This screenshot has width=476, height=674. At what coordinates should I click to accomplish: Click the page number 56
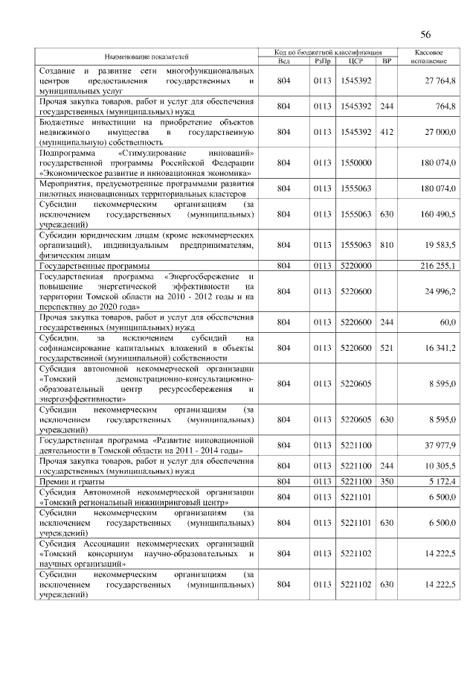pyautogui.click(x=425, y=34)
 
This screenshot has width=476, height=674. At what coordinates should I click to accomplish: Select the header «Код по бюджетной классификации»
pyautogui.click(x=327, y=53)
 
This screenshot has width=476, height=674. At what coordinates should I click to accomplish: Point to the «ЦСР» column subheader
pyautogui.click(x=356, y=61)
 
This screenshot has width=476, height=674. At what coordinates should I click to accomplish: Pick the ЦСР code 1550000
pyautogui.click(x=356, y=162)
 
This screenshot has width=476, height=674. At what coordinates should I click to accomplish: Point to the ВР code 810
pyautogui.click(x=386, y=244)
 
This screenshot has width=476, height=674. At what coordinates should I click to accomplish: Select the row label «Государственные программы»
pyautogui.click(x=94, y=265)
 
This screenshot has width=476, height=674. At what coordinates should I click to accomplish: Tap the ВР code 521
pyautogui.click(x=386, y=347)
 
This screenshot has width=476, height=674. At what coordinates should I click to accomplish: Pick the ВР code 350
pyautogui.click(x=386, y=482)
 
